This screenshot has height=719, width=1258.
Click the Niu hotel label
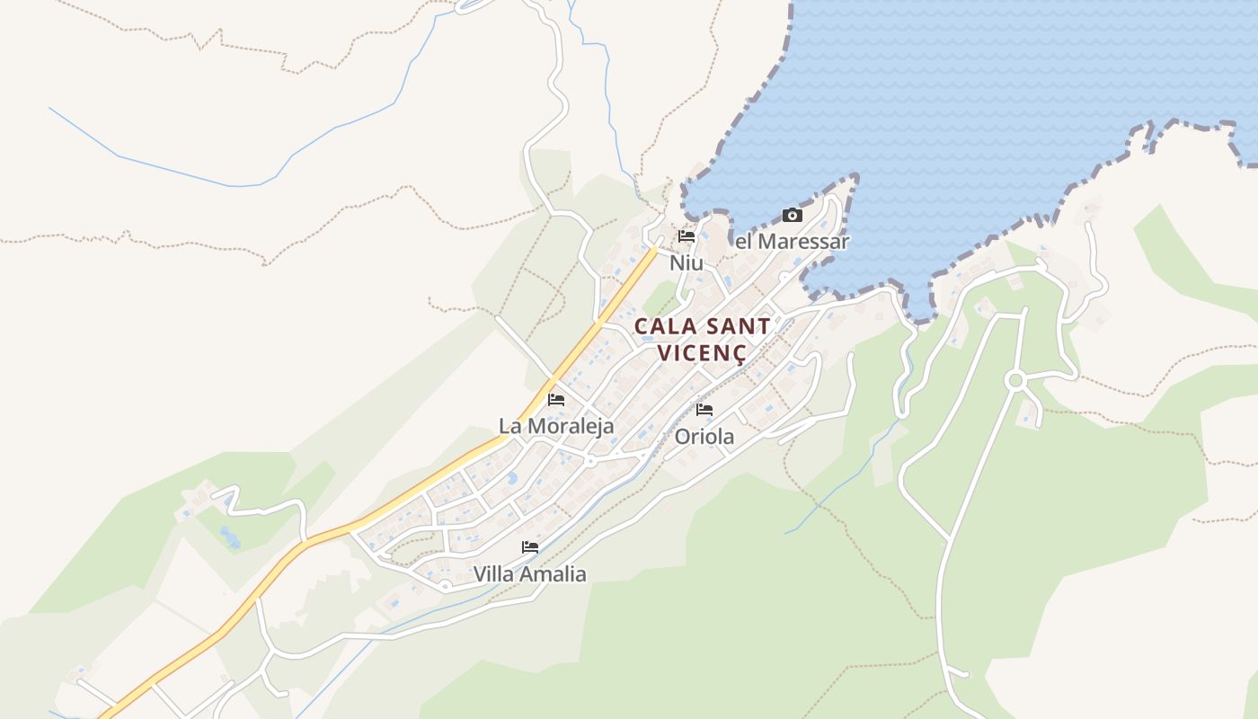pos(687,262)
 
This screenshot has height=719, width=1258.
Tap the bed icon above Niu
pos(687,236)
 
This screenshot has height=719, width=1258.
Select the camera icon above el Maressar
pos(792,215)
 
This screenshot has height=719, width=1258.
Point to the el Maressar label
pos(792,241)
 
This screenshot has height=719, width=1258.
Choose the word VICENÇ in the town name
pos(702,352)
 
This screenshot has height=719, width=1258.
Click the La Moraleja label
pos(556,425)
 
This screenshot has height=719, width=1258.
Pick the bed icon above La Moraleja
pos(556,399)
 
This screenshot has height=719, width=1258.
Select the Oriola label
pos(704,437)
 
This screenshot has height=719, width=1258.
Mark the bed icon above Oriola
pos(704,409)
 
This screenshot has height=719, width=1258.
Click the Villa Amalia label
pos(529,573)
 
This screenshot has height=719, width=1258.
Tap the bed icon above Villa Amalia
pos(530,546)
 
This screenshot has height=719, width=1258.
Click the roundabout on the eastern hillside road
pos(1015,381)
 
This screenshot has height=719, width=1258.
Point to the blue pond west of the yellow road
pos(230,537)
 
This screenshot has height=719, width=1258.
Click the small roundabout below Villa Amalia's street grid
pos(445,587)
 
